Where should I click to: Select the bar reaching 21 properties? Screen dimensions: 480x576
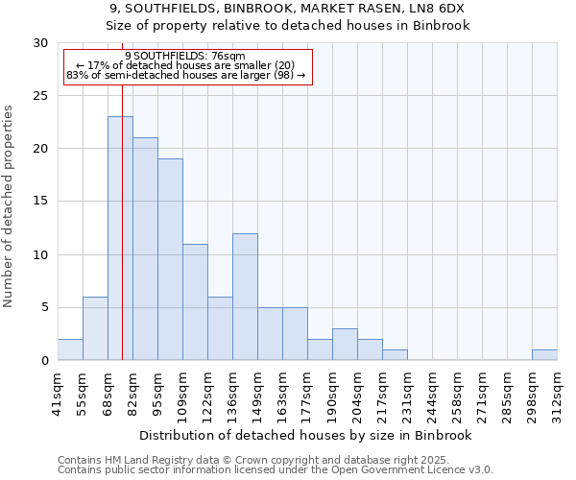pos(145,249)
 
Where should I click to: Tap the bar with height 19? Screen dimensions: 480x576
pos(170,259)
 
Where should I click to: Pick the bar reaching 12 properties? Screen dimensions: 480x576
pos(245,297)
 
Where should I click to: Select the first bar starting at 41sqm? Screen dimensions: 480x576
pos(70,349)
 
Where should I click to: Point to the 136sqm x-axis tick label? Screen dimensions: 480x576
pos(232,393)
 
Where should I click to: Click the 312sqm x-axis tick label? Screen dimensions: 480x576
pos(557,393)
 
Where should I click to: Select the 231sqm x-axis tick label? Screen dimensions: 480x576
pos(407,393)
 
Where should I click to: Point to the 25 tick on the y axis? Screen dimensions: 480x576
pos(41,96)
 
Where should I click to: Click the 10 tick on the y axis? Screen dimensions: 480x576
pos(41,255)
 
